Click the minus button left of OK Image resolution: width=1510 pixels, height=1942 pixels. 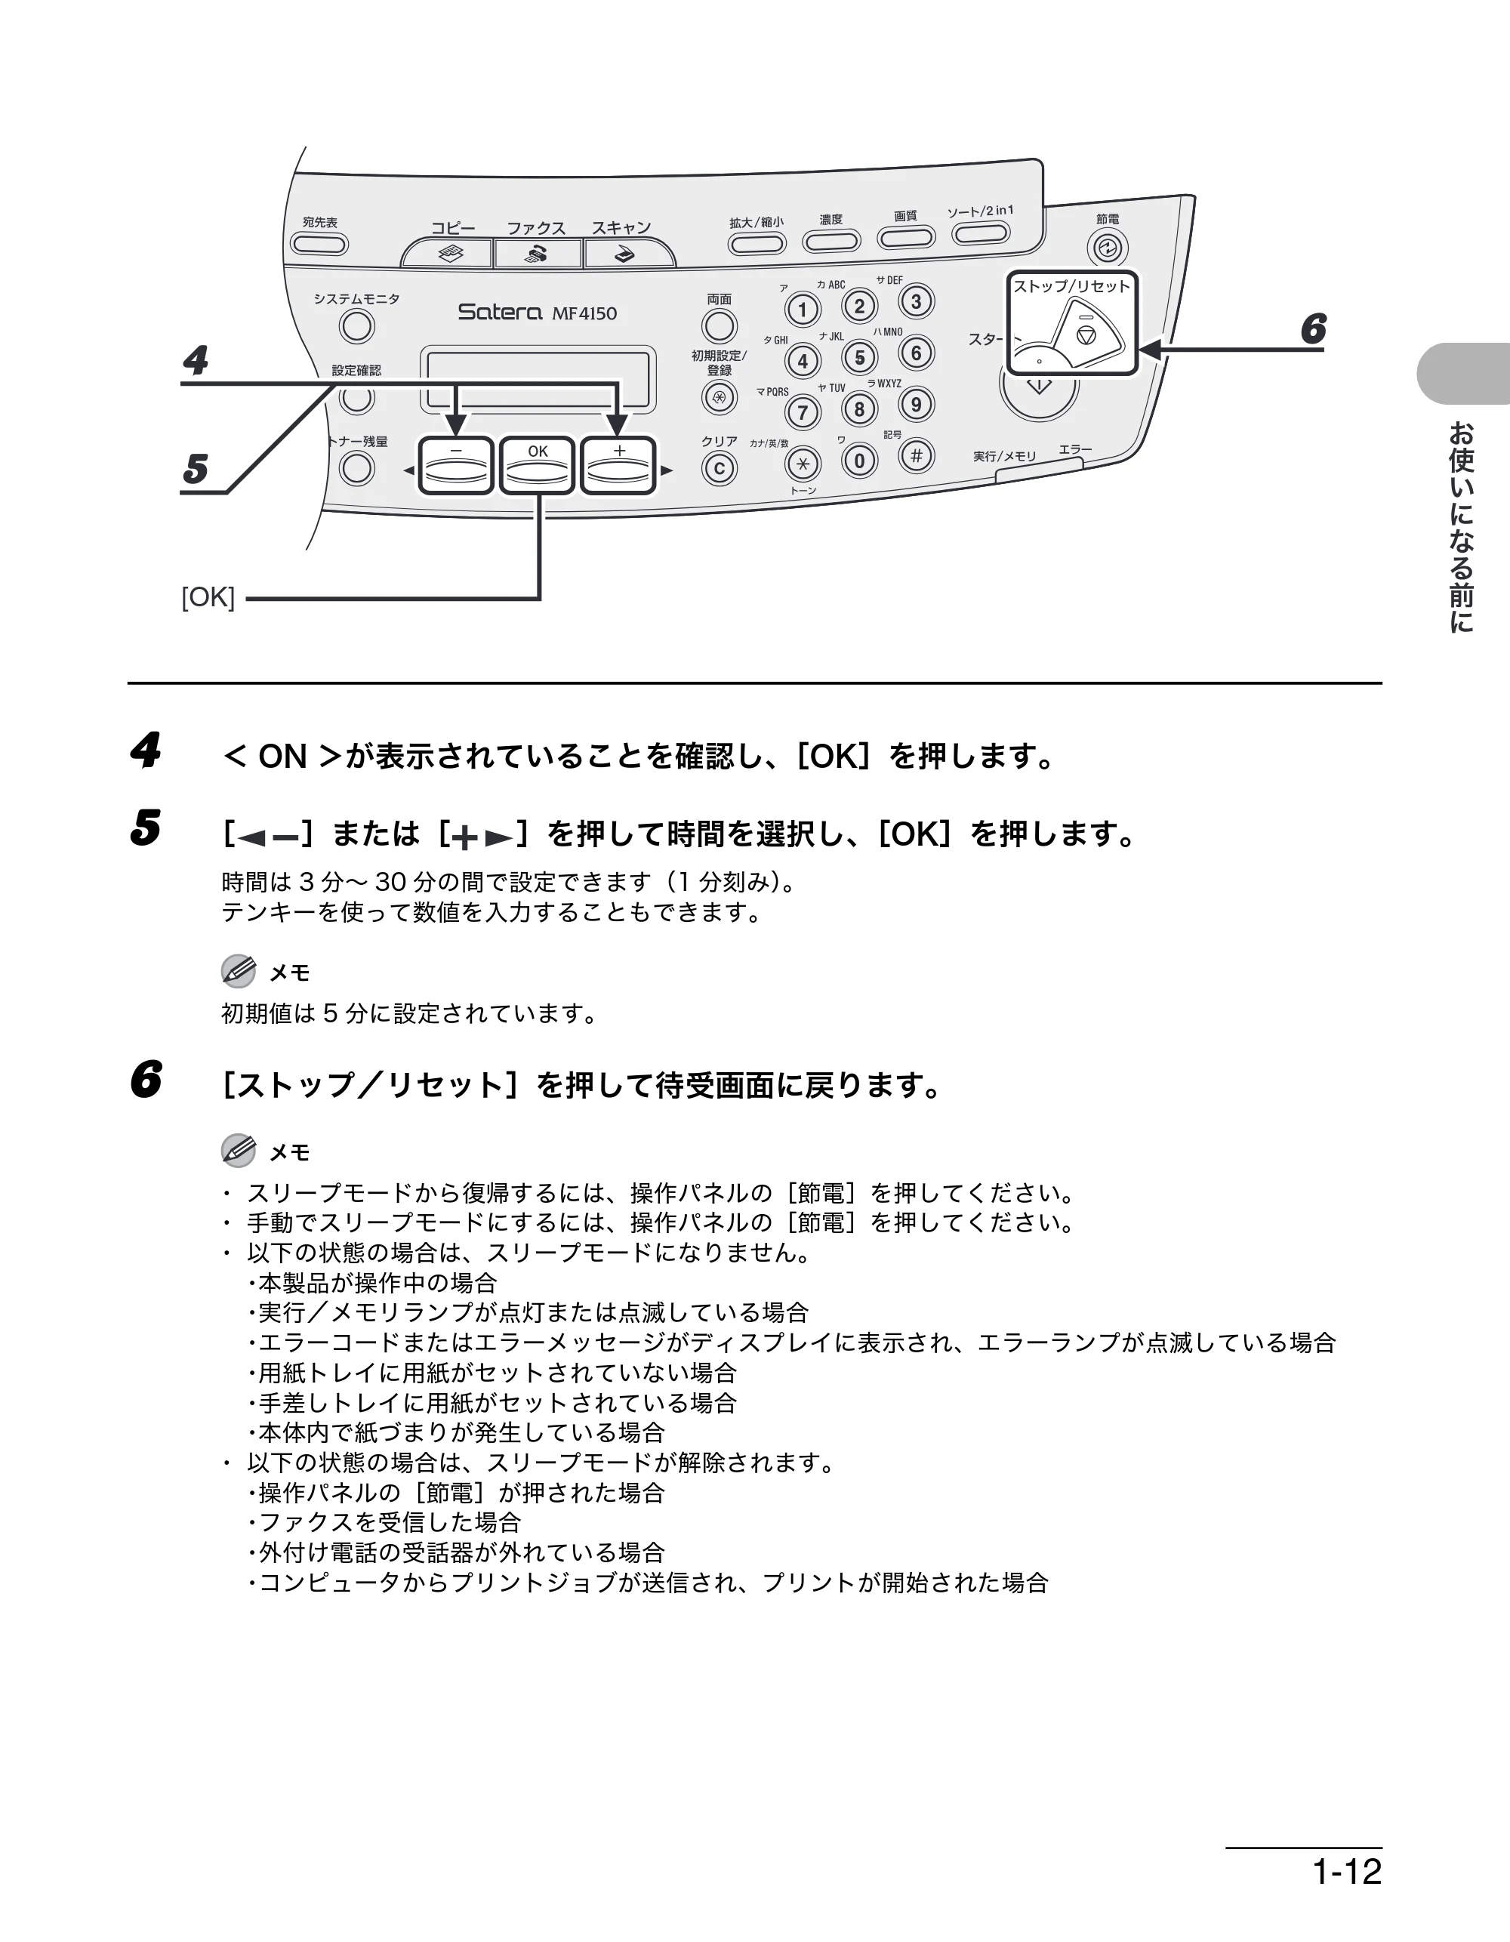tap(456, 466)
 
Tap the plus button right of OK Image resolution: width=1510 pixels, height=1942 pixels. tap(619, 466)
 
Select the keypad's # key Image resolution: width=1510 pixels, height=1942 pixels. tap(916, 456)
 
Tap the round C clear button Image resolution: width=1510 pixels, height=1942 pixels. tap(720, 469)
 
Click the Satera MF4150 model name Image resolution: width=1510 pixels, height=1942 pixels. tap(537, 312)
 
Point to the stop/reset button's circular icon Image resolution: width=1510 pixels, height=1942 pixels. tap(1085, 334)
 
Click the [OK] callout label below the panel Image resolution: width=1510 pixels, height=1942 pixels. tap(208, 597)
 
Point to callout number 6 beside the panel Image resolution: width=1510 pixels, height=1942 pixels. tap(1313, 329)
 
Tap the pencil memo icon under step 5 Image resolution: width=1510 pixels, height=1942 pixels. tap(239, 971)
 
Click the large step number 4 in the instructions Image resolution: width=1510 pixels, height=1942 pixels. tap(145, 750)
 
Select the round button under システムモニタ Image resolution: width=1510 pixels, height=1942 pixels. tap(356, 327)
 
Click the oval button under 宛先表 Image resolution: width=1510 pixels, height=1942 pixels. tap(319, 245)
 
